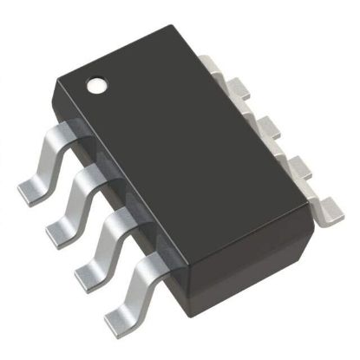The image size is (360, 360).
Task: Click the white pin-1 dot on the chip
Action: click(97, 85)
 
